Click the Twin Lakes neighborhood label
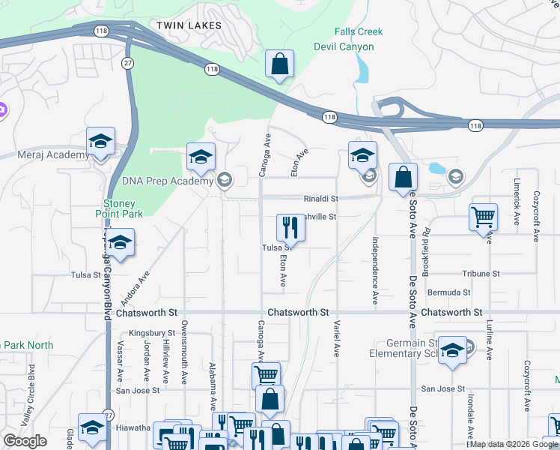click(189, 25)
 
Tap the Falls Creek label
click(358, 32)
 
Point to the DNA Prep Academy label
click(168, 181)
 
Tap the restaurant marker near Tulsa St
click(290, 227)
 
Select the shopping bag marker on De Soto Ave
click(403, 178)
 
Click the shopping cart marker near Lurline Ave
click(484, 217)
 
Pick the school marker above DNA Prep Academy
click(201, 157)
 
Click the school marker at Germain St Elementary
click(452, 351)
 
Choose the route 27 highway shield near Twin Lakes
click(128, 64)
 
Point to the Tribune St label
click(481, 274)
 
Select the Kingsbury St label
click(151, 332)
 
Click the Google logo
click(25, 440)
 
